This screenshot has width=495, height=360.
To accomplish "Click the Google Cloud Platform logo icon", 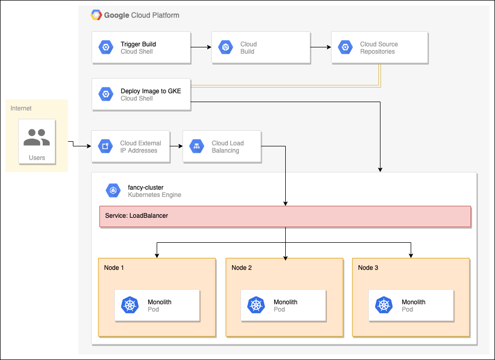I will click(96, 15).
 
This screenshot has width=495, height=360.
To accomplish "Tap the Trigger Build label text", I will click(138, 44).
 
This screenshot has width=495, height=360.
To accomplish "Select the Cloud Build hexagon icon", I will click(226, 47).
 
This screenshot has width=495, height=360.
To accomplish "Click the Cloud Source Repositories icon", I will click(344, 47).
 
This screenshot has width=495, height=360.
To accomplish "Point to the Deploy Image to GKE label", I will click(151, 91).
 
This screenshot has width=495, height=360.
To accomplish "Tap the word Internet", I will click(21, 108).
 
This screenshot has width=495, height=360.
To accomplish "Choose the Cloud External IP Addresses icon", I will click(106, 146).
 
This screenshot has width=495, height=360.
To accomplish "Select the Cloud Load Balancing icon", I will click(197, 146).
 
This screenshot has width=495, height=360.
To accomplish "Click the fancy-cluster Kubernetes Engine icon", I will click(113, 191).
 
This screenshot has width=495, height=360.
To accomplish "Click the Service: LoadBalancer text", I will click(136, 215).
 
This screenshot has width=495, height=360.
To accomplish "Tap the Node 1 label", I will click(114, 268).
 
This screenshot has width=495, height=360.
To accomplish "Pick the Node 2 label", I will click(242, 268).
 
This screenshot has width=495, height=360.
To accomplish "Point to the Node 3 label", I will click(368, 268).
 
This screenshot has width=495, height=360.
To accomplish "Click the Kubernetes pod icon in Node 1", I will click(130, 305).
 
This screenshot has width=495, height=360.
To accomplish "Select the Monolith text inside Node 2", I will click(286, 302).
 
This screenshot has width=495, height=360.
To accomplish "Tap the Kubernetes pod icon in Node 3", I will click(384, 305).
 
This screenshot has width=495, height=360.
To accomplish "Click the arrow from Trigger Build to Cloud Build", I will click(201, 47).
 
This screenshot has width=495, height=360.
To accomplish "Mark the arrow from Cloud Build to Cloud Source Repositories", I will click(321, 47).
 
